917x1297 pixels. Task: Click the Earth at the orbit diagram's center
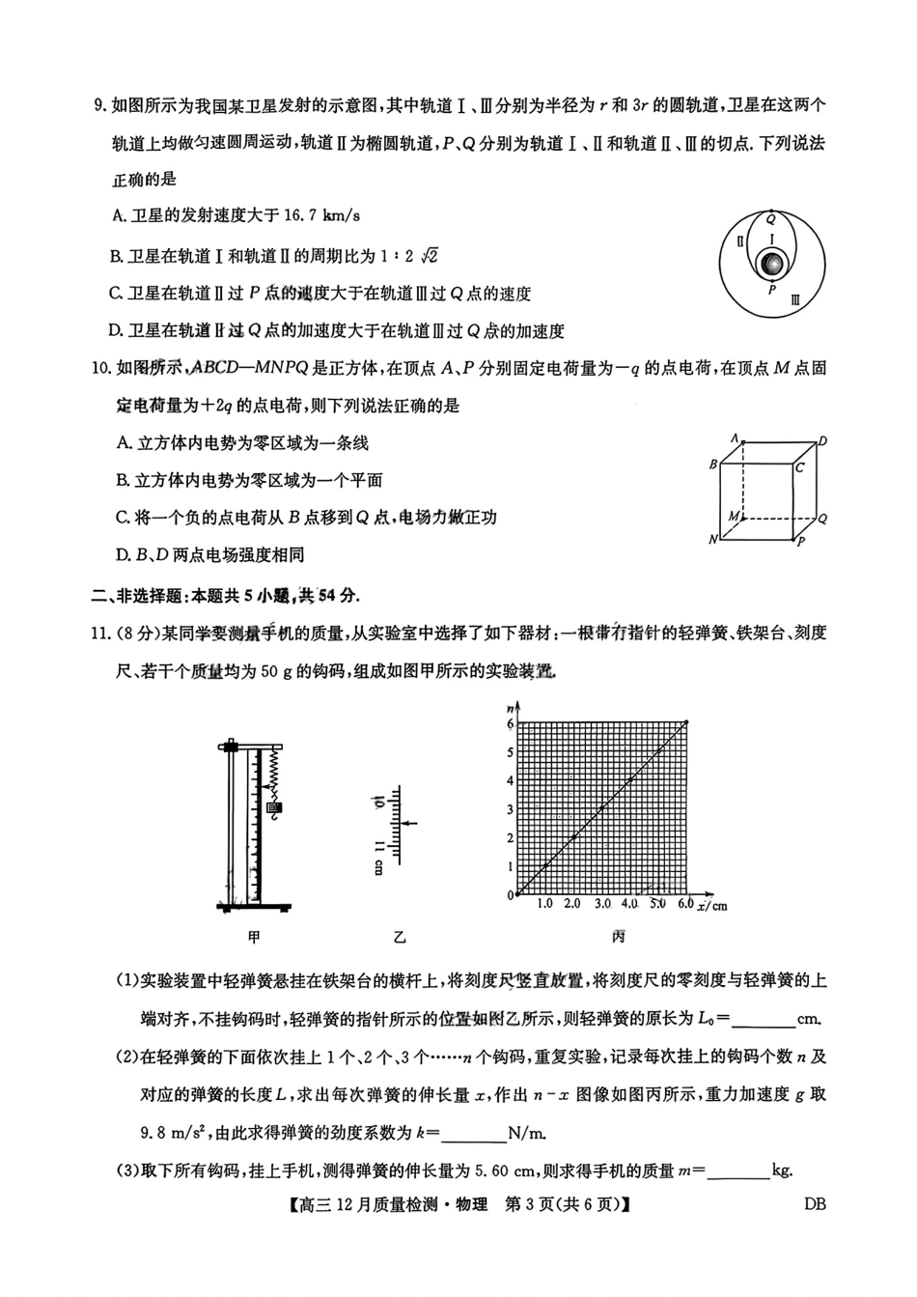coord(771,263)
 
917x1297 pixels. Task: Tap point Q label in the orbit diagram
coord(770,219)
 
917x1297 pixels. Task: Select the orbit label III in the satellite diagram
coord(794,300)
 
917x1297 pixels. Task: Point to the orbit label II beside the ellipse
coord(739,241)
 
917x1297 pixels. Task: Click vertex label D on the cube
coord(822,441)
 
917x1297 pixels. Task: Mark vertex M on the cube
coord(734,517)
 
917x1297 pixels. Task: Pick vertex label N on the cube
coord(713,540)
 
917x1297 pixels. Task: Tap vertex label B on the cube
coord(713,465)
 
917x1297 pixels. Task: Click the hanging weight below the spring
coord(274,806)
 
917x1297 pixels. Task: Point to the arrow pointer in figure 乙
coord(411,823)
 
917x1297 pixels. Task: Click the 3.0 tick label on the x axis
coord(603,904)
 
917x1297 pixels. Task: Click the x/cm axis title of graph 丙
coord(712,905)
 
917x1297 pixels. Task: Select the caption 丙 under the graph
coord(618,937)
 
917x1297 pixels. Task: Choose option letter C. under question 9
coord(118,294)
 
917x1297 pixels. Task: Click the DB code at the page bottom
coord(815,1203)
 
